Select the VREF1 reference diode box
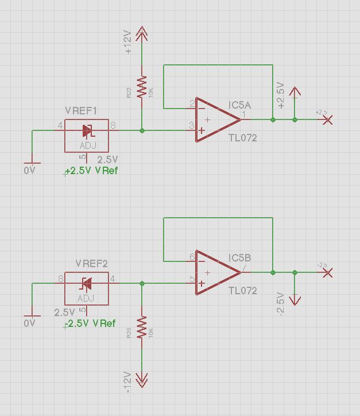click(86, 136)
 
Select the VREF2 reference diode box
click(86, 288)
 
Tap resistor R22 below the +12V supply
click(142, 86)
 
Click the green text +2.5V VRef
click(92, 171)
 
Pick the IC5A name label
click(239, 105)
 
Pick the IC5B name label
click(239, 257)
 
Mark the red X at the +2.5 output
click(328, 120)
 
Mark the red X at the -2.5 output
click(328, 272)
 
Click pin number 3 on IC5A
click(191, 125)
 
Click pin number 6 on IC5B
click(191, 257)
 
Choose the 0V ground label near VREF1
click(30, 171)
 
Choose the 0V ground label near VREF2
click(30, 323)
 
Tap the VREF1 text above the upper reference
click(81, 111)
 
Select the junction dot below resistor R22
click(142, 130)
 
